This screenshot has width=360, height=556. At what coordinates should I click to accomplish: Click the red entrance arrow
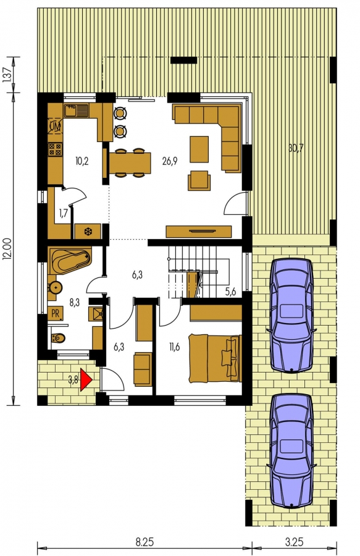(x=86, y=380)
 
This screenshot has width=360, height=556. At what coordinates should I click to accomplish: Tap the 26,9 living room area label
(x=170, y=161)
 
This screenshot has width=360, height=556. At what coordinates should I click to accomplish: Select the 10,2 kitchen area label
(x=82, y=161)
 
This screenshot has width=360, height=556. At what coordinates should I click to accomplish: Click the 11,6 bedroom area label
(x=174, y=347)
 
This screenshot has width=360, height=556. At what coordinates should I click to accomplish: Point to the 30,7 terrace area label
(x=296, y=148)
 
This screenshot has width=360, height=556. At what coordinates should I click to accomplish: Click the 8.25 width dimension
(x=144, y=542)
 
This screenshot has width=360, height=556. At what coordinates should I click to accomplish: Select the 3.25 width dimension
(x=295, y=542)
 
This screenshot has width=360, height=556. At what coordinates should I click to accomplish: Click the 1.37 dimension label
(x=8, y=75)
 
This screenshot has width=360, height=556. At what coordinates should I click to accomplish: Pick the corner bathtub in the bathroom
(x=70, y=261)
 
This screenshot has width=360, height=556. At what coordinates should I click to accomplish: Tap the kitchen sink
(x=76, y=111)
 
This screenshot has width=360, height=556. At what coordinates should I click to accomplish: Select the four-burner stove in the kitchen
(x=55, y=150)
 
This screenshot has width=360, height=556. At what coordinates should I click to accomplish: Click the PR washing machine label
(x=56, y=313)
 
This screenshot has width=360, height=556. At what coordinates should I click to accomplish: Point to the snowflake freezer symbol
(x=87, y=232)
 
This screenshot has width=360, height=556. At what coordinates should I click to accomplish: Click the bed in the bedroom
(x=215, y=358)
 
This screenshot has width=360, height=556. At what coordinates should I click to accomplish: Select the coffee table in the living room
(x=199, y=149)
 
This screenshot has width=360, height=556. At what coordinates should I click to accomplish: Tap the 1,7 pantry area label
(x=64, y=214)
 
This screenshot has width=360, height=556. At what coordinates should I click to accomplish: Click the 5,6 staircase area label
(x=231, y=292)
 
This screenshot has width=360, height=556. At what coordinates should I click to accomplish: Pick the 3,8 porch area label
(x=73, y=380)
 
